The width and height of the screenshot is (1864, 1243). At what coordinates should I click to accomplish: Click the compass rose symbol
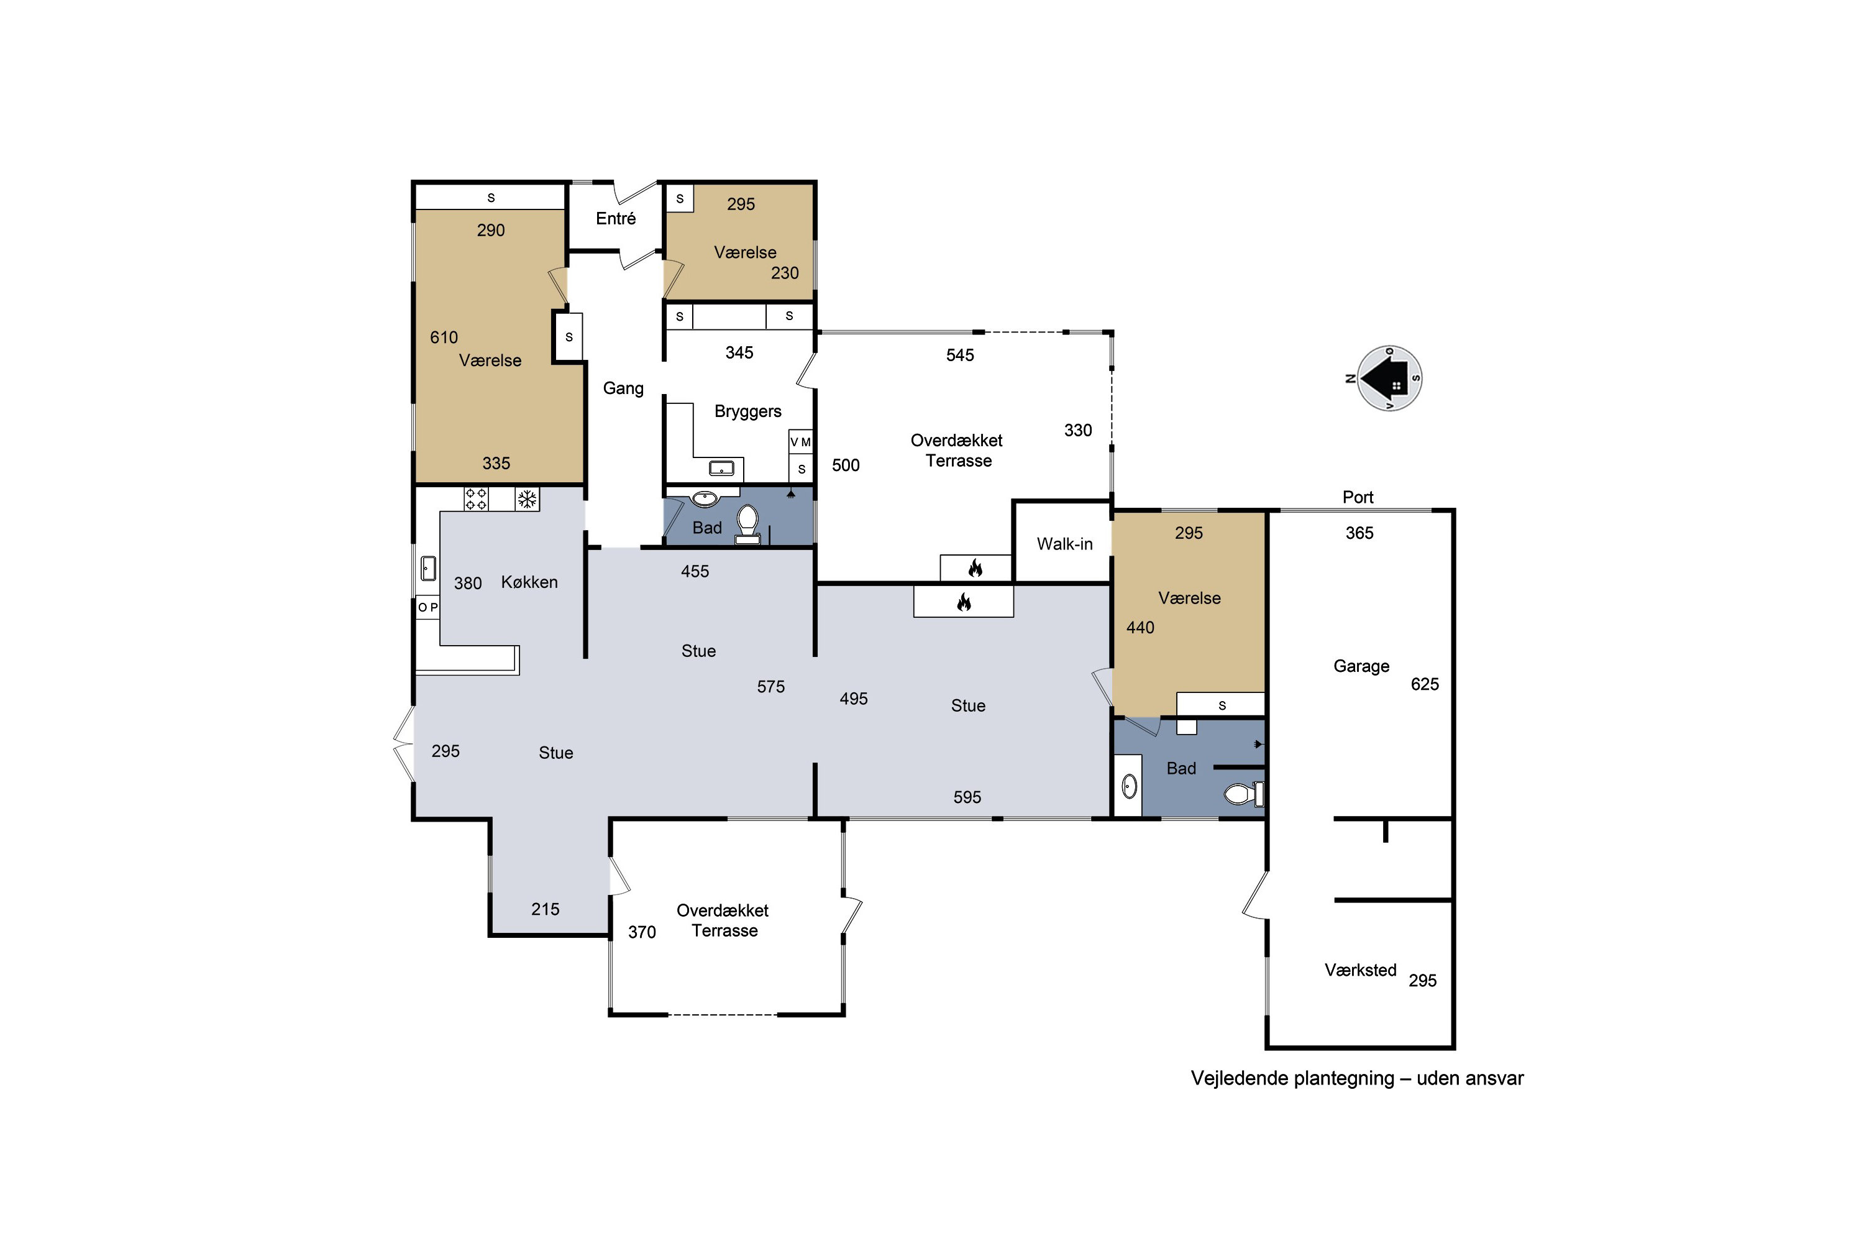[1389, 379]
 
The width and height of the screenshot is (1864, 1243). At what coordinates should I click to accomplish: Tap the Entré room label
[616, 219]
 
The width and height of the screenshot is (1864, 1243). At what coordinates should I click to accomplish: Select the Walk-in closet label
[1064, 544]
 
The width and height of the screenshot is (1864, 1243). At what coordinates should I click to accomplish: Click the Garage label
[1361, 666]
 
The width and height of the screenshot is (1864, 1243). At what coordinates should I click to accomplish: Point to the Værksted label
[1360, 970]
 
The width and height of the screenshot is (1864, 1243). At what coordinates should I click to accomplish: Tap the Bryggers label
[747, 411]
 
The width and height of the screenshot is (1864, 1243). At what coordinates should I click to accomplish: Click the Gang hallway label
[623, 388]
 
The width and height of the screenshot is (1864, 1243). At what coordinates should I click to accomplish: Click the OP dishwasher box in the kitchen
[428, 607]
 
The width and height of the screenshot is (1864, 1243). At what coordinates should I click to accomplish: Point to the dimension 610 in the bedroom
[444, 337]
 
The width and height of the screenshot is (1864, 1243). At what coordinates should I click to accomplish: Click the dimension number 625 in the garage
[1424, 684]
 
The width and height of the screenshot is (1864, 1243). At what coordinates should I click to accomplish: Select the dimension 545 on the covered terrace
[960, 355]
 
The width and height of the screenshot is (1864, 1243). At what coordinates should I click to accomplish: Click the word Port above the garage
[1358, 497]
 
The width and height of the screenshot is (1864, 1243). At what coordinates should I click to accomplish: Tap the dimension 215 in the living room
[546, 909]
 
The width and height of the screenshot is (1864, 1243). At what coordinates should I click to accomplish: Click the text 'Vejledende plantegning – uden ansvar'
[1357, 1078]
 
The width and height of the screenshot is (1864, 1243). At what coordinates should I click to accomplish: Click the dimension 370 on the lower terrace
[642, 932]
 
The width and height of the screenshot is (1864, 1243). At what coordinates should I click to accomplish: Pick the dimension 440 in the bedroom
[1140, 628]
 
